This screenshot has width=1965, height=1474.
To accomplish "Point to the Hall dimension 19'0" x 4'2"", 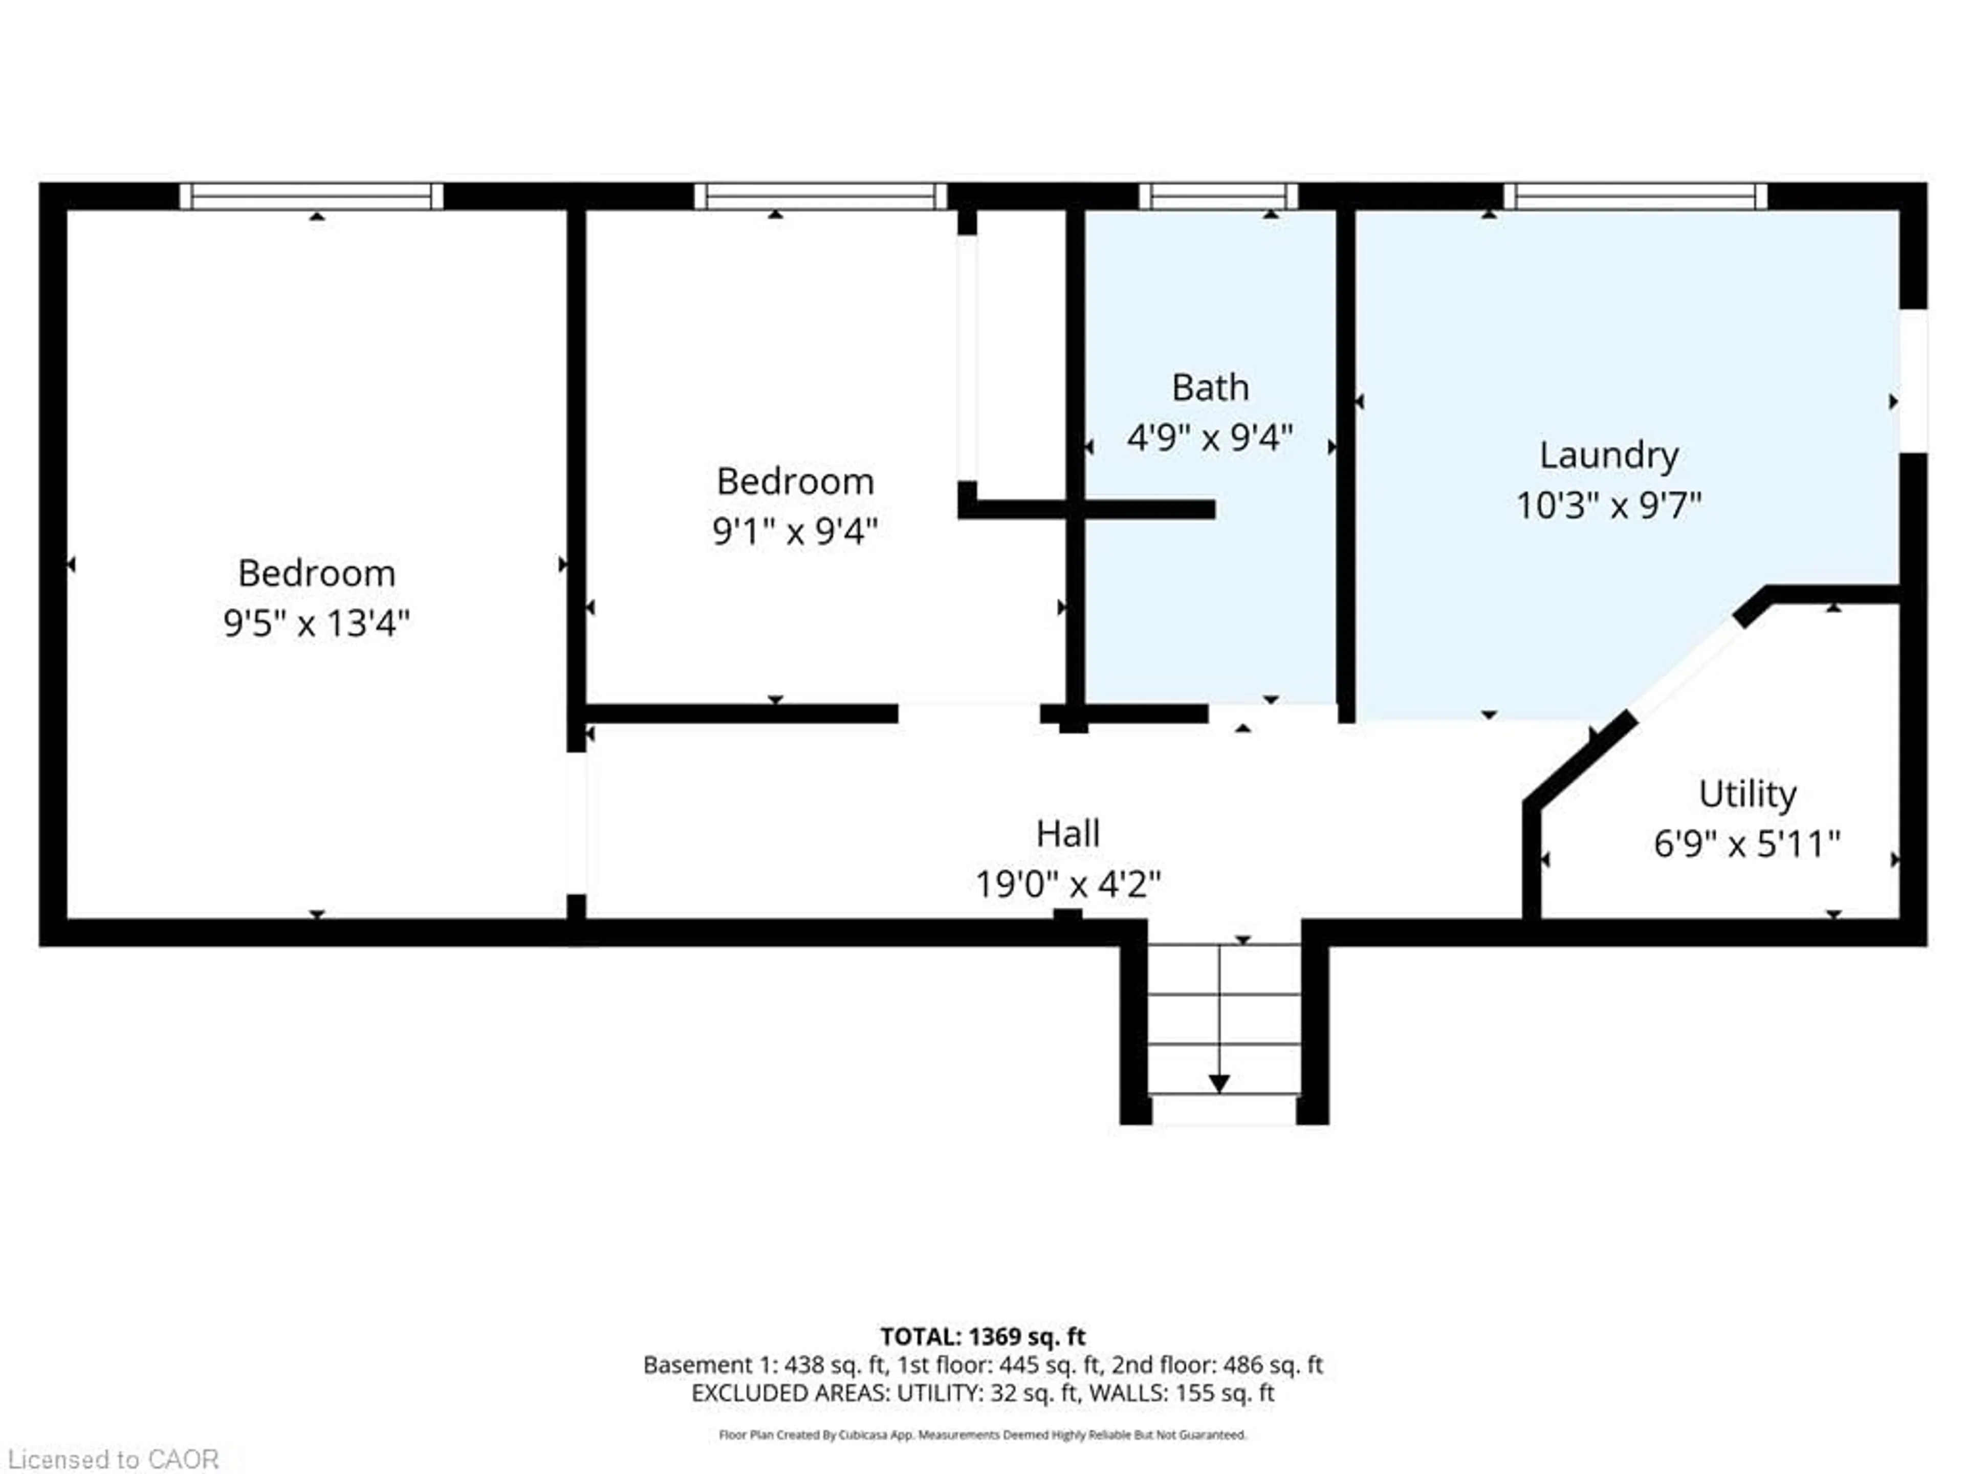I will point(1068,884).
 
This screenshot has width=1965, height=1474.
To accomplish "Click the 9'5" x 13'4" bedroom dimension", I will point(316,623).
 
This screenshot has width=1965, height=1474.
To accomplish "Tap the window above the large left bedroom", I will point(311,197).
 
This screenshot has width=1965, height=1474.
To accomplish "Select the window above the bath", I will point(1218,197).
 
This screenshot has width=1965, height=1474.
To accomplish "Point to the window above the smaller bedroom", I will point(820,197).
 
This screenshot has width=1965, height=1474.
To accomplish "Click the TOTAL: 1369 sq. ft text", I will point(982,1336).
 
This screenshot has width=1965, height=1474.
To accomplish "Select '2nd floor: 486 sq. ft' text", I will point(1216,1364).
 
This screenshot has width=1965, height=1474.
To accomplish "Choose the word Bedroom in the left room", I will point(316,573).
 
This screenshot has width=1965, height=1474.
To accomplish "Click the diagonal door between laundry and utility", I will point(1686,668).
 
